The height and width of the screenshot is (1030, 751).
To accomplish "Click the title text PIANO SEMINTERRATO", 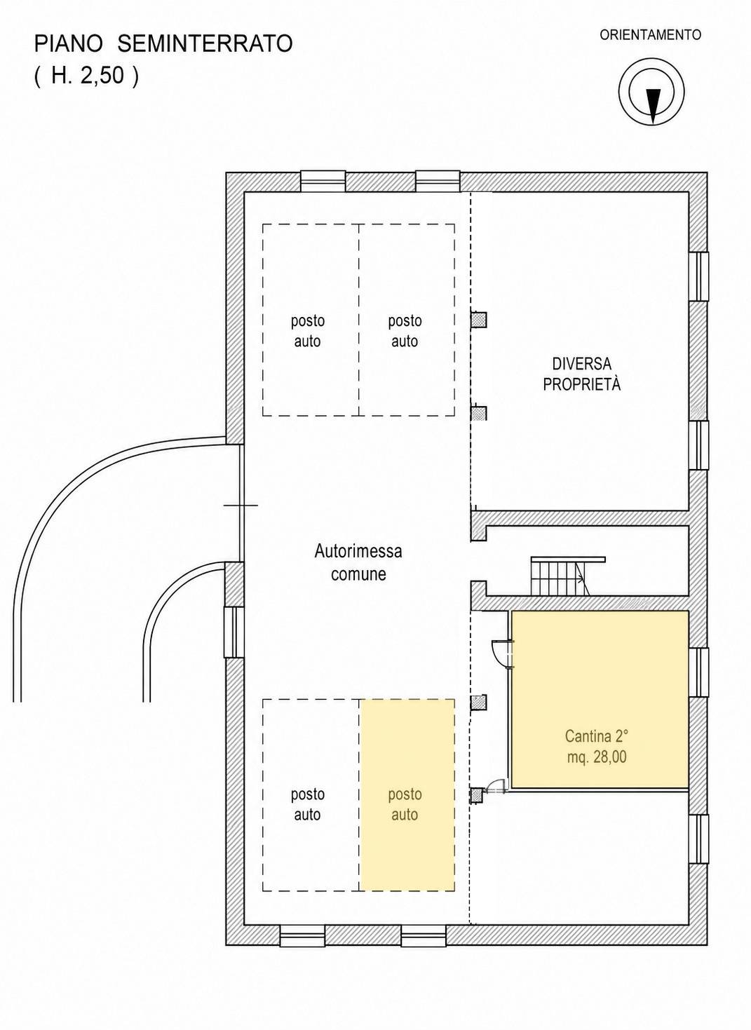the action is coord(163,45).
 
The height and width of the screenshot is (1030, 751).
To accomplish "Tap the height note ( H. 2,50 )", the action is coord(86,76).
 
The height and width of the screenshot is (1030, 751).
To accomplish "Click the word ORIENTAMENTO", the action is coord(650,35).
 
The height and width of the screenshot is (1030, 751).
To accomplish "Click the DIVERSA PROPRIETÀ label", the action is coord(582,374).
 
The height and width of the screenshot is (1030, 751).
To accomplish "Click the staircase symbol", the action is coord(567,576).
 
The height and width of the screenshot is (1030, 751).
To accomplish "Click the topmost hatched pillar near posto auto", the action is coord(478,320).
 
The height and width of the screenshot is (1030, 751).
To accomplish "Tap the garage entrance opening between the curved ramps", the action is coord(241,505).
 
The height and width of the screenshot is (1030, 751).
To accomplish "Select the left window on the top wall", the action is coord(323,181).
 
